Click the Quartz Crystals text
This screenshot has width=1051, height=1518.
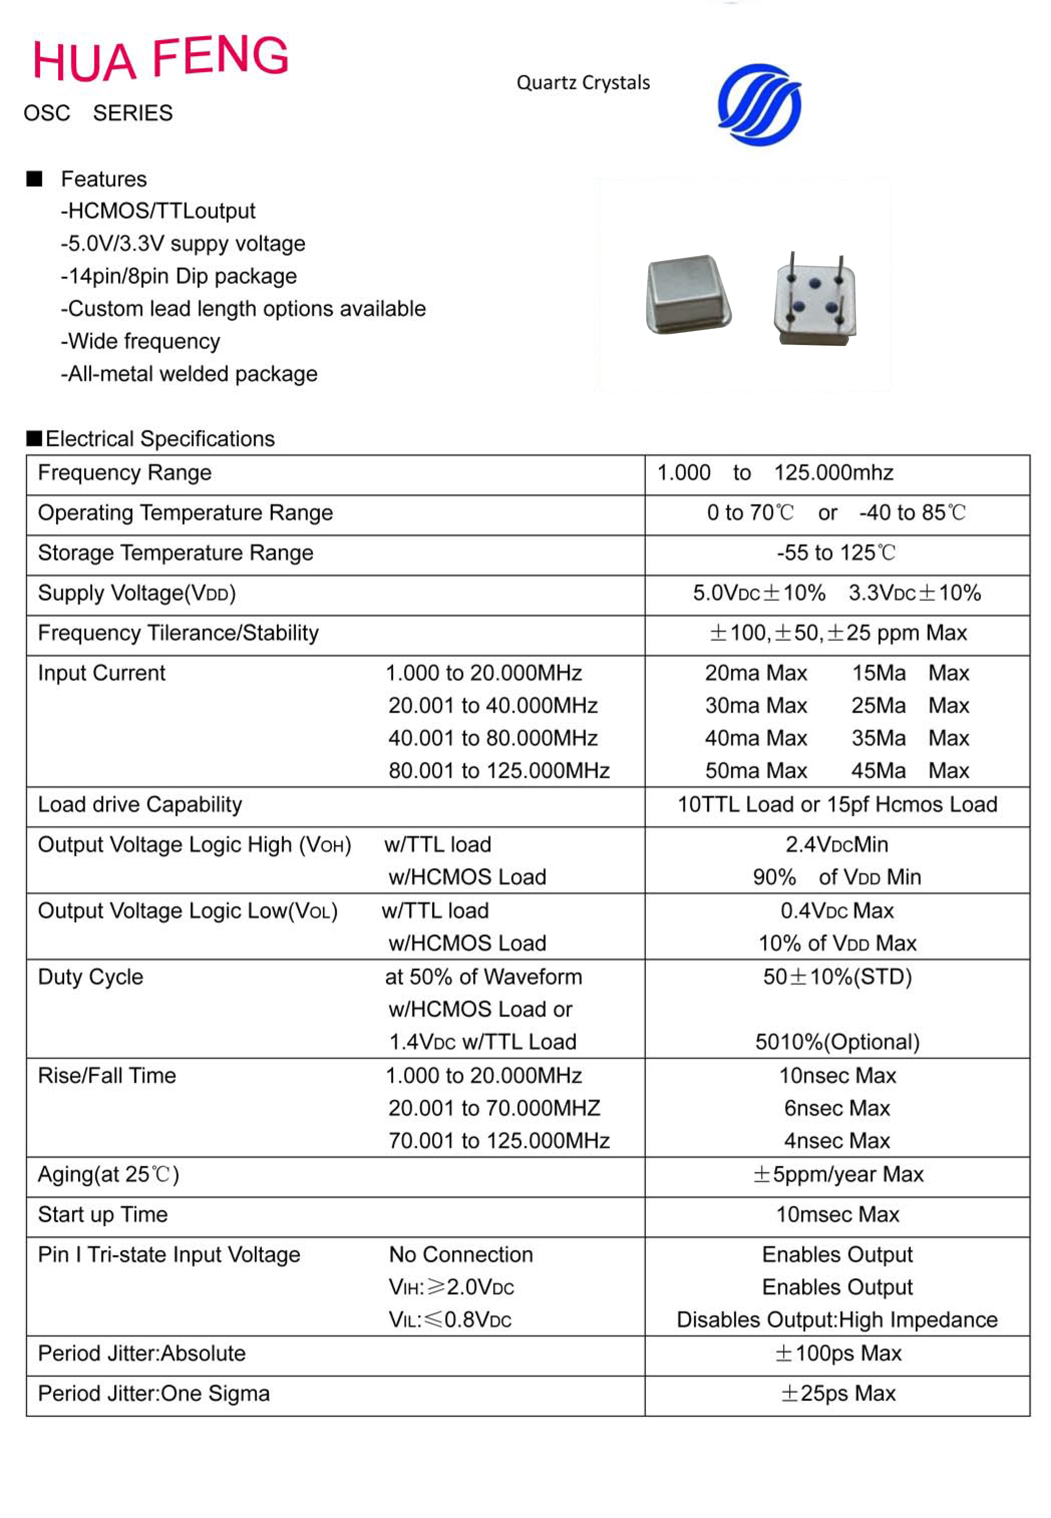click(583, 83)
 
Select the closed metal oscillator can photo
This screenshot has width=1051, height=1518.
click(688, 294)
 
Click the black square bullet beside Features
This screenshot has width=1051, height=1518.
click(34, 179)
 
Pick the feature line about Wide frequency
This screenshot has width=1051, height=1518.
click(140, 341)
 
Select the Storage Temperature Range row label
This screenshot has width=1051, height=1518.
click(175, 553)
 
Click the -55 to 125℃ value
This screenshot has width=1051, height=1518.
click(836, 553)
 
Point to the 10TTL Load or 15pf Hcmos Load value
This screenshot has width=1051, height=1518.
click(837, 804)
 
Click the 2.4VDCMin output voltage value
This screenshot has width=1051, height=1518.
click(836, 845)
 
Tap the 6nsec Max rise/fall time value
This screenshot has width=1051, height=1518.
click(836, 1108)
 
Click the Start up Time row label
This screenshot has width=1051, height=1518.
click(103, 1215)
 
